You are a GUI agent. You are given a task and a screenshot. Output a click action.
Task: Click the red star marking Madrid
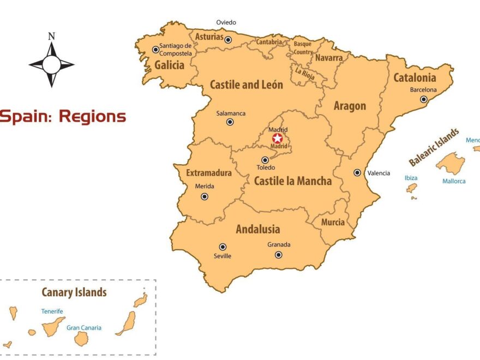coord(277,139)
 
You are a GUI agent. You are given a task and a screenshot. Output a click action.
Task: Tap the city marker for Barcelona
coord(424,99)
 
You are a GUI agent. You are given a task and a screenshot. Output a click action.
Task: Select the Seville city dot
coord(223,247)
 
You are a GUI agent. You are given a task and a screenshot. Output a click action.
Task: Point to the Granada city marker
coord(278,255)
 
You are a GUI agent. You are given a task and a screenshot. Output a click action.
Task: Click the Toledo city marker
coord(265,160)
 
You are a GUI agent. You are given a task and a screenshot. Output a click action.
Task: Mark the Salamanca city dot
coord(230,122)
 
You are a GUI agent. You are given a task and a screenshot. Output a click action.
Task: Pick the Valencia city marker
coord(357,172)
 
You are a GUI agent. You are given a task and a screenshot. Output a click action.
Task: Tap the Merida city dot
coord(205,196)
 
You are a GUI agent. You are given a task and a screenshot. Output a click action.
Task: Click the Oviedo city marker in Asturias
coord(228,40)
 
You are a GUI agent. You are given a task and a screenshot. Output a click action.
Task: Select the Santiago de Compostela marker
coord(155,50)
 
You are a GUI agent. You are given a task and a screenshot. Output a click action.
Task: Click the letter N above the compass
coord(51,37)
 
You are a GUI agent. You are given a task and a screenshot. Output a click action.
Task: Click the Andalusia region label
coord(257,229)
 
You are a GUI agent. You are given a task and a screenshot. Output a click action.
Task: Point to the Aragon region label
coord(350,106)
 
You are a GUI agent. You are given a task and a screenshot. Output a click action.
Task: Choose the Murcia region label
coord(333,222)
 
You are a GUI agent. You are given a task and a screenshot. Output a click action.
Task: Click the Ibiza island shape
coord(411,188)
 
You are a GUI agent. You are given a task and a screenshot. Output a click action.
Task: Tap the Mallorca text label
coord(454,181)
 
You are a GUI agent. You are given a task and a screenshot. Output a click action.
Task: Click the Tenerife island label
coord(52,311)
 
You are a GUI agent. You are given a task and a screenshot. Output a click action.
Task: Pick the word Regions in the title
coord(92,116)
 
